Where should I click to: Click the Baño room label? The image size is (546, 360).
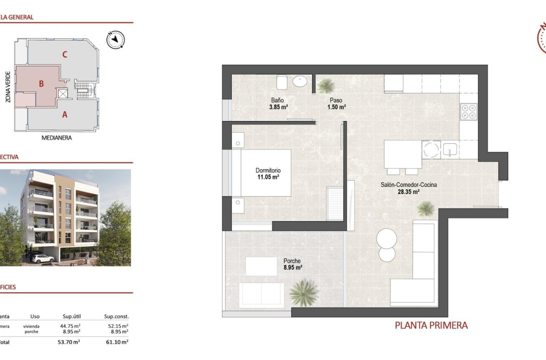coord(278,100)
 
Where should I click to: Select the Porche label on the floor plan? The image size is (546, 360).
coord(292,261)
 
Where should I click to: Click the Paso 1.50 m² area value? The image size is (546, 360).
coord(336,107)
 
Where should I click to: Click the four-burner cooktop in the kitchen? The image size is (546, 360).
coord(469,111)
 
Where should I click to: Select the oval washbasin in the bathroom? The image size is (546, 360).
coord(301,81)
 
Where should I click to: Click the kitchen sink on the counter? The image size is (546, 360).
coord(449,149)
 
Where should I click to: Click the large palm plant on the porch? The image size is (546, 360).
coord(304,292)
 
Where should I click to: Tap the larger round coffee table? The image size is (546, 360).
coord(387,238)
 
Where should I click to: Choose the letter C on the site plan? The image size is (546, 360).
coord(64,54)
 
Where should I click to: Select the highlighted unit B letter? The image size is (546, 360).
coord(41,84)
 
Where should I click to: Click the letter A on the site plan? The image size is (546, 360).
coord(65,114)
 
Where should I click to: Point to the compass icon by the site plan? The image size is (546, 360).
coord(115,40)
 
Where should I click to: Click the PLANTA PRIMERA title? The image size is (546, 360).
coord(431,325)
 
